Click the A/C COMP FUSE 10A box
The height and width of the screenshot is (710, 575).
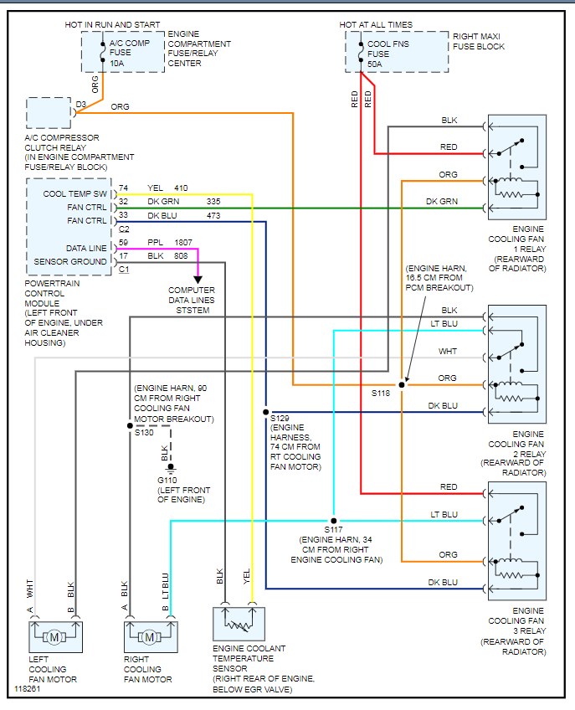coord(122,52)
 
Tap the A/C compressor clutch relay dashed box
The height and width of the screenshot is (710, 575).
coord(49,113)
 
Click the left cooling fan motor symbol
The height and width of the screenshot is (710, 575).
coord(55,638)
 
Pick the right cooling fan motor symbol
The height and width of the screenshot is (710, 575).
coord(149,638)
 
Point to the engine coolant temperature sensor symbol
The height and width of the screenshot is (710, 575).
coord(239,625)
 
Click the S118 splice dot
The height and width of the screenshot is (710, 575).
coord(402,384)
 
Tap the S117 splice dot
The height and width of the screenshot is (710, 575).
coord(332,521)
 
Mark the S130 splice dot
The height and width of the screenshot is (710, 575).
coord(129,425)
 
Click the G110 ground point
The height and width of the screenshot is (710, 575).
coord(171,466)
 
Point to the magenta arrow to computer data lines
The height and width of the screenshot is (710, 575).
coord(198,277)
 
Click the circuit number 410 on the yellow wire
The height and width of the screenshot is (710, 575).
coord(182,188)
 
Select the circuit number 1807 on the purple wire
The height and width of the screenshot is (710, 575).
coord(183,242)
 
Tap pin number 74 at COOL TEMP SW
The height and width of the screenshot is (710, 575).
coord(124,188)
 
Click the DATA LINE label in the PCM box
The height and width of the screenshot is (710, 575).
coord(86,249)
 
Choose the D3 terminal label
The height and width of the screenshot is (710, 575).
coord(80,104)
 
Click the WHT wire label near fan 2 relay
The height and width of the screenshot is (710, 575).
coord(449,352)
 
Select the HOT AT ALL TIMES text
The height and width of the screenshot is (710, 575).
coord(376,25)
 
